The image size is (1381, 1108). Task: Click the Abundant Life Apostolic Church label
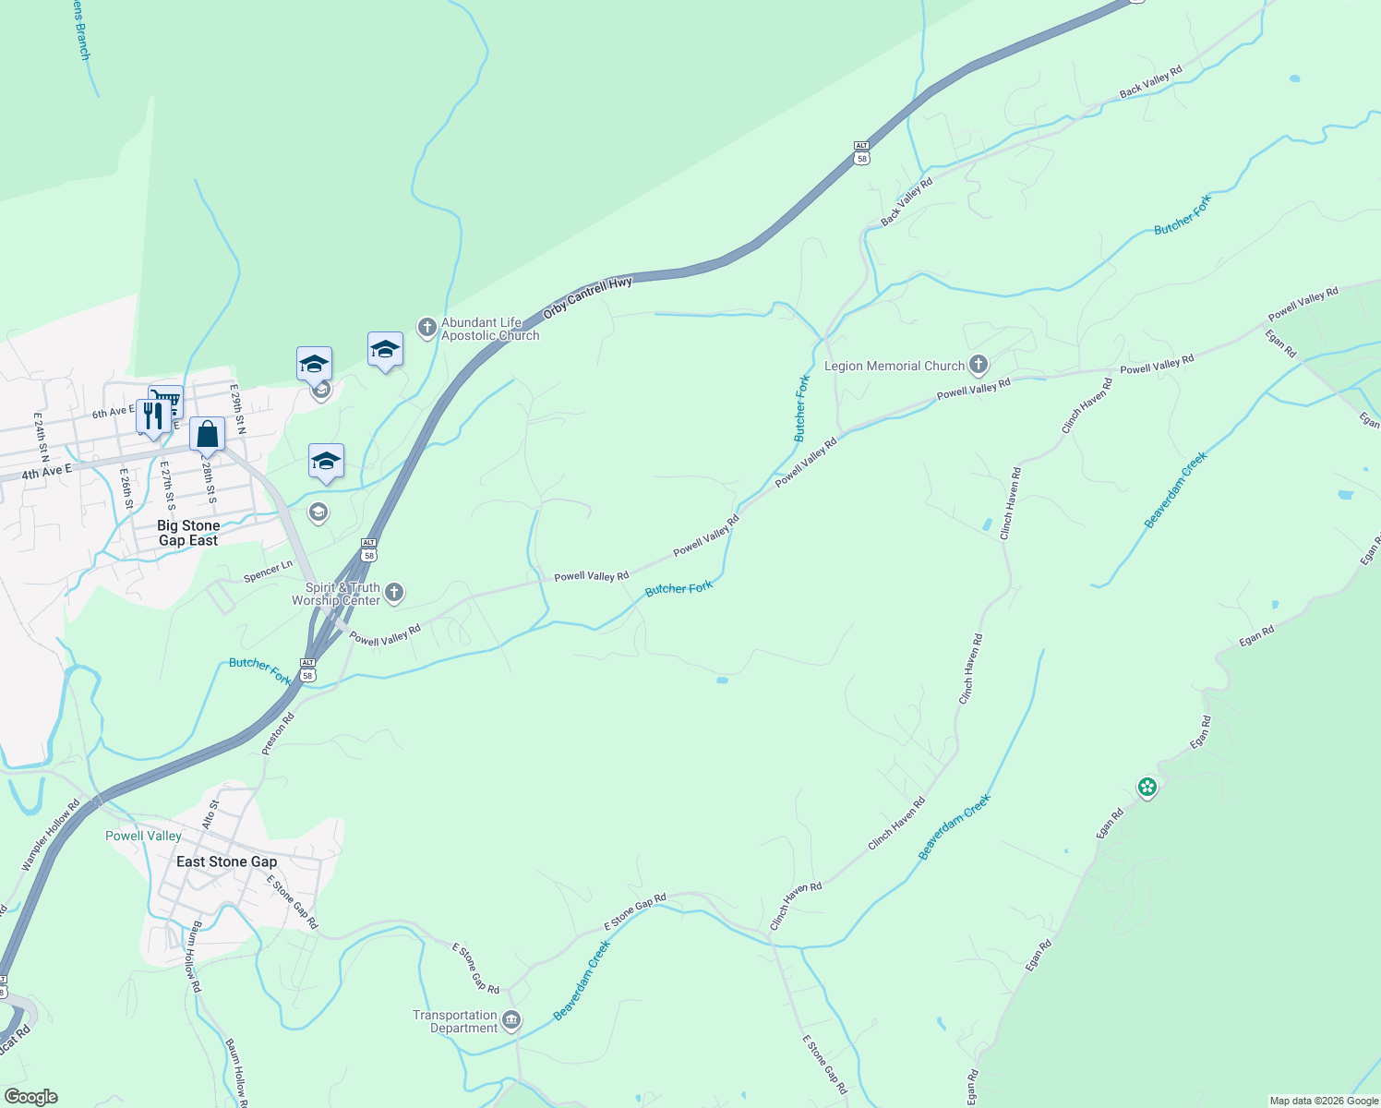(x=489, y=329)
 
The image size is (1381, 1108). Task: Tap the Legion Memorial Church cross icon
(x=979, y=365)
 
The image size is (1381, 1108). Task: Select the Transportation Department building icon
(x=512, y=1020)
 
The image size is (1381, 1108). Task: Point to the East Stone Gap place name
(x=226, y=861)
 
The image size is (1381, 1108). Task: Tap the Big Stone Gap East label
(x=188, y=533)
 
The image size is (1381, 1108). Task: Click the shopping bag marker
(x=208, y=433)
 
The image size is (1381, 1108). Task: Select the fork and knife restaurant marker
(x=152, y=415)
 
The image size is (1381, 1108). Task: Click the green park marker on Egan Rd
(x=1147, y=787)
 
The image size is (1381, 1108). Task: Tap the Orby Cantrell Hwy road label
(x=588, y=297)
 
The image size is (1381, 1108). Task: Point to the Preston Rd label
(x=278, y=734)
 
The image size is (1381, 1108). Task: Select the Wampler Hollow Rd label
(x=51, y=836)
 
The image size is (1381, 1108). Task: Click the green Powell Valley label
(x=143, y=836)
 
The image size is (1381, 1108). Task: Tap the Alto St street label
(x=210, y=813)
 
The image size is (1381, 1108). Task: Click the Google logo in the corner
(x=30, y=1097)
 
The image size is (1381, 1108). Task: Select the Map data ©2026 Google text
(x=1323, y=1101)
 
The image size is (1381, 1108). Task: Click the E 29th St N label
(x=238, y=410)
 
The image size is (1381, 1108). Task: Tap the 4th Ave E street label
(x=46, y=473)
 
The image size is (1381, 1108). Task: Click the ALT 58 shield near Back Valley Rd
(x=861, y=152)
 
